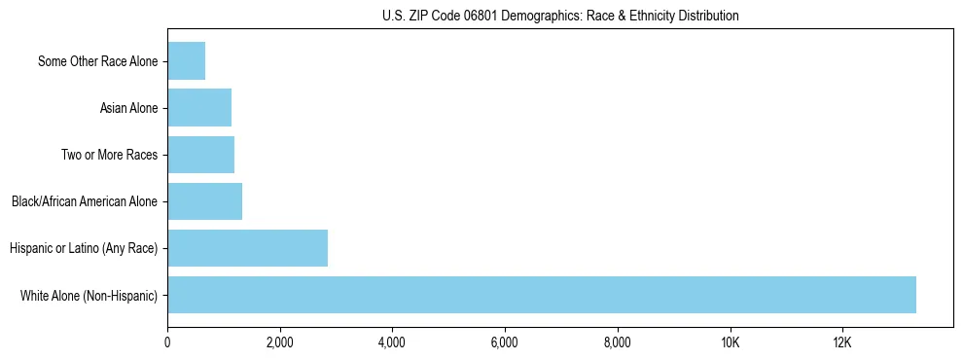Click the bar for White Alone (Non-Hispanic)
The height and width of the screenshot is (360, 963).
click(x=541, y=295)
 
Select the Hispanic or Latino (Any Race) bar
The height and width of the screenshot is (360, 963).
click(x=247, y=248)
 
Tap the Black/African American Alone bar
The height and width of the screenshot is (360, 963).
click(x=204, y=201)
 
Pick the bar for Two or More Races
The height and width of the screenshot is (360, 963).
click(x=200, y=155)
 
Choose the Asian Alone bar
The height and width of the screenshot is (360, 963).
click(x=199, y=108)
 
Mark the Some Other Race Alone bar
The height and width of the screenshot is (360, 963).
click(x=186, y=61)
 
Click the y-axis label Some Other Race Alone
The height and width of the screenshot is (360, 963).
click(x=97, y=61)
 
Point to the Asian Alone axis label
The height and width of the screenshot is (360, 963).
click(x=128, y=108)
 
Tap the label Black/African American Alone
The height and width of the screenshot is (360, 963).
click(x=85, y=201)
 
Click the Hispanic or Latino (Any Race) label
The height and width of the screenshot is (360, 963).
click(x=84, y=248)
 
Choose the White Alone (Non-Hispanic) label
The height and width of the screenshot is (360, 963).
click(x=89, y=295)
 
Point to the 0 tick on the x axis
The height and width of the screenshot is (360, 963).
click(x=167, y=343)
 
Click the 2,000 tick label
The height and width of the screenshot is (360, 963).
click(x=280, y=343)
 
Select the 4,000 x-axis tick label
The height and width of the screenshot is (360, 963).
click(x=392, y=343)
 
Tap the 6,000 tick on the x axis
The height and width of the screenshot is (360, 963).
click(x=505, y=343)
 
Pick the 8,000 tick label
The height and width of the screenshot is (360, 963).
click(x=618, y=343)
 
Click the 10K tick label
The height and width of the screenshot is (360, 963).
click(x=730, y=343)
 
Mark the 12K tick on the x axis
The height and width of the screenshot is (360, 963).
click(x=842, y=343)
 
